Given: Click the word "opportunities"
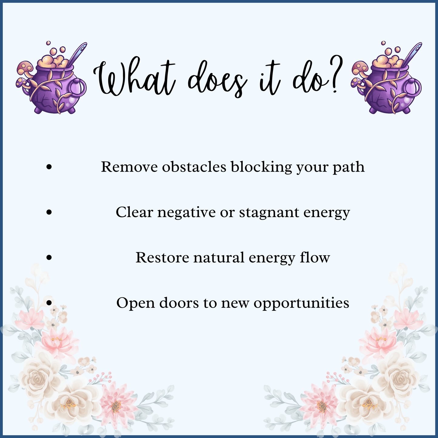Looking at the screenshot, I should [x=301, y=303].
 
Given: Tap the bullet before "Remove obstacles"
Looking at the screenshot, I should [x=49, y=167].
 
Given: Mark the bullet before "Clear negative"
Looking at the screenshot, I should [x=49, y=212].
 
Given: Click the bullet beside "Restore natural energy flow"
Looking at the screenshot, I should [x=49, y=258].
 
